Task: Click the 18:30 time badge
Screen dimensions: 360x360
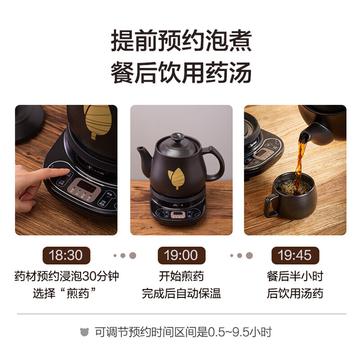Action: [x=66, y=255]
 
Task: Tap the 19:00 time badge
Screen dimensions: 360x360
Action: [x=181, y=255]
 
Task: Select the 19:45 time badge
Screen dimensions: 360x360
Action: [x=295, y=255]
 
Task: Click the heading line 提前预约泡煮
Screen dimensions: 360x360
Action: [x=181, y=41]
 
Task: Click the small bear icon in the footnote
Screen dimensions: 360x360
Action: [x=84, y=333]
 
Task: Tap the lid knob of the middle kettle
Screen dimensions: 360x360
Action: [x=178, y=136]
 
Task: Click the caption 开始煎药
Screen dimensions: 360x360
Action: [x=181, y=276]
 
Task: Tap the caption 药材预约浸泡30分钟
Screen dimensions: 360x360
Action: [x=66, y=276]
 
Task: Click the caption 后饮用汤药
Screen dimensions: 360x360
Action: [x=295, y=294]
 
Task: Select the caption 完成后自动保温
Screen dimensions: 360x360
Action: [x=181, y=294]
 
